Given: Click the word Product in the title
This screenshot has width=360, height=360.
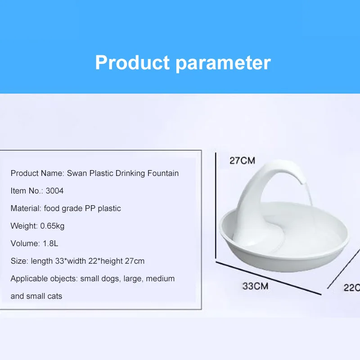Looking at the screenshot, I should pos(132,63).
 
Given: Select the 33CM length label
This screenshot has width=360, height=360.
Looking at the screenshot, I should pos(255,286).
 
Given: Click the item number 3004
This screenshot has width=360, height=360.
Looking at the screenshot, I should pos(54,191).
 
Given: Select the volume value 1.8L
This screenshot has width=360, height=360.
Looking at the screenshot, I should pos(50,243).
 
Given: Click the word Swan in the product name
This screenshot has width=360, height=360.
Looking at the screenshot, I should pos(76,173).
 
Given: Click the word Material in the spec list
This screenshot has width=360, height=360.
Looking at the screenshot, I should pos(25,208).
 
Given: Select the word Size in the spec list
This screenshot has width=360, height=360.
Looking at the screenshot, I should pos(18,261).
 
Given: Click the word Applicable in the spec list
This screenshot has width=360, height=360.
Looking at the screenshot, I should pos(28,279).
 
